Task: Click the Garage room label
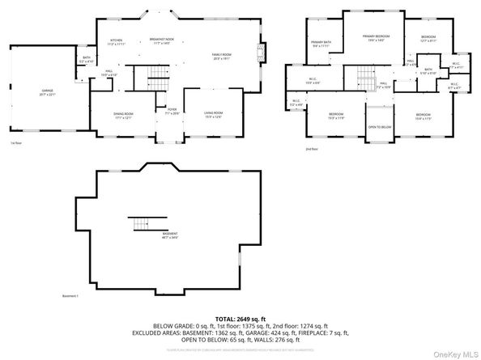pos(47,93)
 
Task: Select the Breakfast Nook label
pos(162,40)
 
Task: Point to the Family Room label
pos(222,57)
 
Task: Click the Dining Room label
pos(123,116)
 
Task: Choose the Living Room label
pos(213,116)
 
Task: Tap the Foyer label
pos(172,112)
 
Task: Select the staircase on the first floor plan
pos(160,81)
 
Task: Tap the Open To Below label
pos(379,127)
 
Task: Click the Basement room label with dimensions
pos(169,235)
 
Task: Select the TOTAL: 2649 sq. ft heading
pos(240,320)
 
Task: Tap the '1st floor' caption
pos(15,143)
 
